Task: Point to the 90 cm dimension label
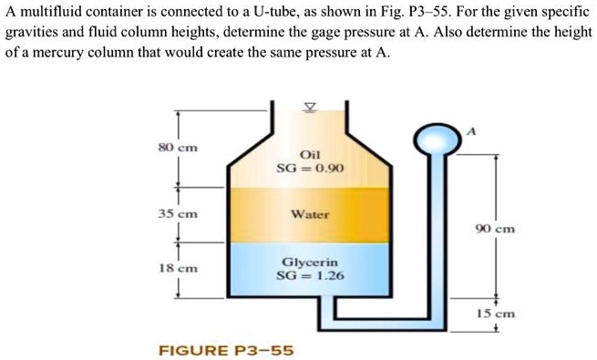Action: [x=497, y=229]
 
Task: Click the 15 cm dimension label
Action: [x=497, y=312]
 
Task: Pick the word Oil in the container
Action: [x=310, y=155]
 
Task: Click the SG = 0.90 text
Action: [x=310, y=169]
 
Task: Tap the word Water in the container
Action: [x=310, y=215]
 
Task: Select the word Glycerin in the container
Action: [x=310, y=261]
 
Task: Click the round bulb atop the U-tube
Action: [x=431, y=139]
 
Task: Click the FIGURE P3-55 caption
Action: [x=226, y=349]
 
